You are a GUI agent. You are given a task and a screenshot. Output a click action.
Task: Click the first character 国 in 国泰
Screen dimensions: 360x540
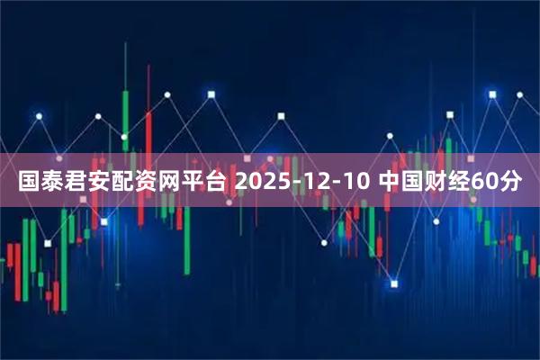click(x=30, y=182)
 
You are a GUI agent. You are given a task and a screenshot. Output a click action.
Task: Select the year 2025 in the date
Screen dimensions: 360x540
click(x=262, y=182)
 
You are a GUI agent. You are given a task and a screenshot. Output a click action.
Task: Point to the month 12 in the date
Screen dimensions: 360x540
click(x=313, y=182)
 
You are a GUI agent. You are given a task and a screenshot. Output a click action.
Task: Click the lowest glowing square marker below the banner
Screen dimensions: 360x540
click(x=394, y=283)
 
